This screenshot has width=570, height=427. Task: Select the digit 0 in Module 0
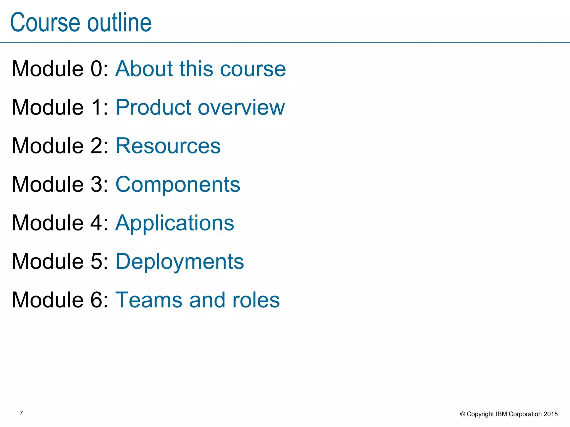click(97, 69)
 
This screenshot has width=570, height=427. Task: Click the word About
click(144, 69)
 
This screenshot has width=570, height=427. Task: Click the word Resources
click(168, 146)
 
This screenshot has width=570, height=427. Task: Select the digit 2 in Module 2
click(97, 146)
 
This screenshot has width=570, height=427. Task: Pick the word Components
click(178, 185)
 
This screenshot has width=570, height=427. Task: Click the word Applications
click(175, 223)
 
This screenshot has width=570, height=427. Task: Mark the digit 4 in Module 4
click(97, 223)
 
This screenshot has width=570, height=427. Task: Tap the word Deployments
click(180, 262)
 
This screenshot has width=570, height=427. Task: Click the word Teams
click(149, 300)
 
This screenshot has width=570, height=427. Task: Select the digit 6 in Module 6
click(97, 300)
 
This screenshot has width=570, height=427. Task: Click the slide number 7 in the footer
click(21, 413)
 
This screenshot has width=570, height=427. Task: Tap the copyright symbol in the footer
click(463, 414)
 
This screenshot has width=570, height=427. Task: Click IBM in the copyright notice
click(502, 414)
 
